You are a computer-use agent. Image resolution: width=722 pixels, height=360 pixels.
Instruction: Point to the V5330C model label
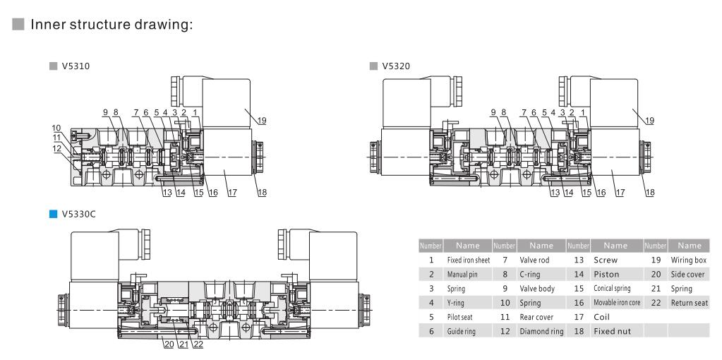click(x=80, y=213)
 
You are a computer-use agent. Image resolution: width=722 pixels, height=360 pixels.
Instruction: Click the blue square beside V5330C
click(x=53, y=213)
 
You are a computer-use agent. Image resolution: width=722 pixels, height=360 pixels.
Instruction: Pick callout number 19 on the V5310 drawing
click(x=261, y=121)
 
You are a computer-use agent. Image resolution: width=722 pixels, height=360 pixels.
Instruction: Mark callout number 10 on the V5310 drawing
click(x=56, y=127)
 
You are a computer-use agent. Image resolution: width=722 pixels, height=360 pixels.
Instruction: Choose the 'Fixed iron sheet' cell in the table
click(x=469, y=260)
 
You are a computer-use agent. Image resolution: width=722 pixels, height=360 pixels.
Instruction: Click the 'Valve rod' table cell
click(x=534, y=260)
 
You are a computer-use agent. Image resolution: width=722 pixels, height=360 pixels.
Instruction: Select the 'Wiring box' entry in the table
click(x=689, y=260)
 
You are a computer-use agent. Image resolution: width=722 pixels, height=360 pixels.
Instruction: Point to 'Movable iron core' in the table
click(x=615, y=302)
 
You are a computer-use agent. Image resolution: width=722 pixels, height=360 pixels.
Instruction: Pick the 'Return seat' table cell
click(x=689, y=302)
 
